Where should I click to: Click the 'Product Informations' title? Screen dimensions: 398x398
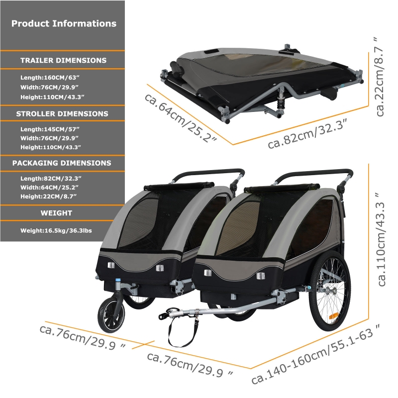(64, 23)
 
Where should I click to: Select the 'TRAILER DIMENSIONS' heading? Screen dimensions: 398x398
(64, 60)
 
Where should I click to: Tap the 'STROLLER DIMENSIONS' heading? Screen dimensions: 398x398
(62, 114)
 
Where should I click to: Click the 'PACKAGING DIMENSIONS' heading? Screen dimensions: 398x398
(62, 163)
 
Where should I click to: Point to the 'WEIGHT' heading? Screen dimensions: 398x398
(56, 213)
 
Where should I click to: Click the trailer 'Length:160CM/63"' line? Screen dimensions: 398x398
(48, 78)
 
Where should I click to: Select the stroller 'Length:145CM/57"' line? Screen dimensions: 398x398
(50, 129)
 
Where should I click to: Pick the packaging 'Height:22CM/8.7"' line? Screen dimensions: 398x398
(48, 197)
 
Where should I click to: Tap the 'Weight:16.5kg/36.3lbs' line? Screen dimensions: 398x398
(56, 231)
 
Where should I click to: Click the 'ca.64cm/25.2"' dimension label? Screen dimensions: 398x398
(181, 117)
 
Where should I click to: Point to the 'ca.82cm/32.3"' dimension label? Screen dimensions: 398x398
(307, 134)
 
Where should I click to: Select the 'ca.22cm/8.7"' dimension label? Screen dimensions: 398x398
(380, 77)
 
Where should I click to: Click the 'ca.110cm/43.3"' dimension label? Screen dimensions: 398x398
(381, 239)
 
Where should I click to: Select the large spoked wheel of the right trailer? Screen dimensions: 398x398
(329, 291)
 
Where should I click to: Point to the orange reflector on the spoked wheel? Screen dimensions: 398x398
(333, 316)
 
